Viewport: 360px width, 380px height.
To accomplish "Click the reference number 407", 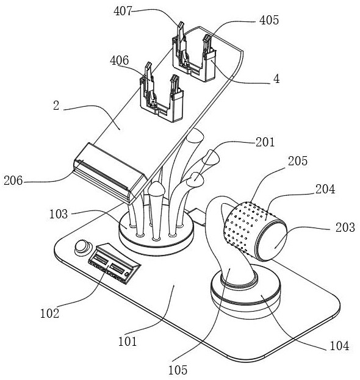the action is [123, 12].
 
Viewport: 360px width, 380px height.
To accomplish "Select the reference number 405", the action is [269, 20].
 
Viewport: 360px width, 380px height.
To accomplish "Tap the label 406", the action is [119, 60].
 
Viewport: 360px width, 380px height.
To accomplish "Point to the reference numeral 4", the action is [276, 79].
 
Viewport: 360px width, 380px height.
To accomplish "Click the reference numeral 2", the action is [56, 106].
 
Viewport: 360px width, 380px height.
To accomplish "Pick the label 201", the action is [265, 142].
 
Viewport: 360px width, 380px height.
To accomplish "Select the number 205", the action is [298, 161].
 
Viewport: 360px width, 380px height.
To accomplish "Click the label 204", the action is [325, 189].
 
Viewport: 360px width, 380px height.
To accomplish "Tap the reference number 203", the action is [345, 228].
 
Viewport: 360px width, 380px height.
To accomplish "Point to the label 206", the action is [13, 181].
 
